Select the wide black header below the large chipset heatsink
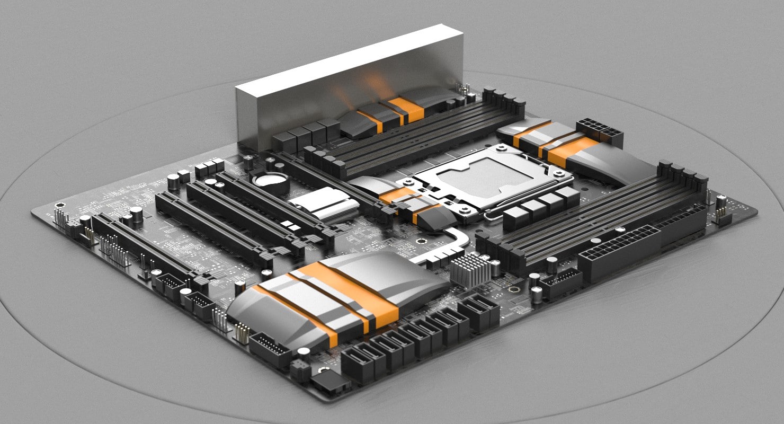(270, 350)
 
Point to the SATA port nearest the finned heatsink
(479, 313)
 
